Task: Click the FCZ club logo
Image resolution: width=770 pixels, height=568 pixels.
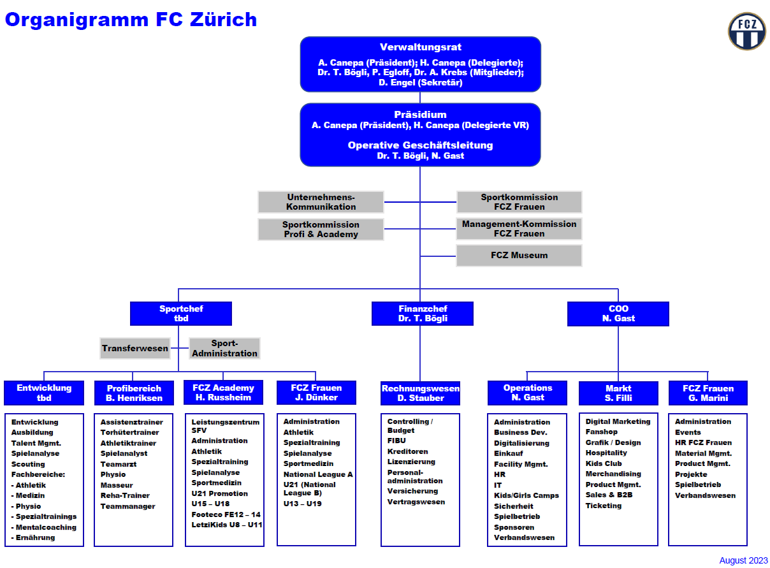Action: pyautogui.click(x=747, y=31)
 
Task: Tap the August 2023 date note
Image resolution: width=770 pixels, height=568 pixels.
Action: pyautogui.click(x=743, y=560)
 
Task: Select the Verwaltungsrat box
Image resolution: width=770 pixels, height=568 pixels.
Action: pyautogui.click(x=420, y=64)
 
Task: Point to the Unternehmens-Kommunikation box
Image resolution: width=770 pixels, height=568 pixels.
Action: pyautogui.click(x=321, y=202)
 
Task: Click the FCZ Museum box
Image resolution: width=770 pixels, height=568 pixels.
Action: pyautogui.click(x=519, y=255)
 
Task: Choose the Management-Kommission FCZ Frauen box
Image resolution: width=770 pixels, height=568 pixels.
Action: pyautogui.click(x=519, y=229)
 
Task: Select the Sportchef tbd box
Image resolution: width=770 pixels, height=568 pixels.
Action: pyautogui.click(x=181, y=314)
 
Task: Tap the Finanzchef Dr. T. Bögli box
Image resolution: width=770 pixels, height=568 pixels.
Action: pyautogui.click(x=423, y=314)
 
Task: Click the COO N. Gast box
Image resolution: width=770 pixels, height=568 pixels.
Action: pyautogui.click(x=618, y=314)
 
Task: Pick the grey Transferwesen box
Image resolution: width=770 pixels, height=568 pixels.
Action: pyautogui.click(x=135, y=349)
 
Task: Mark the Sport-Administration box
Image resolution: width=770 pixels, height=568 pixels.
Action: pyautogui.click(x=224, y=349)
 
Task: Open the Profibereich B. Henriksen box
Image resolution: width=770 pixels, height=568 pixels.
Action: pyautogui.click(x=134, y=393)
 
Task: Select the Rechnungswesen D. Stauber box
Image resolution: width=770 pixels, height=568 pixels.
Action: pyautogui.click(x=420, y=393)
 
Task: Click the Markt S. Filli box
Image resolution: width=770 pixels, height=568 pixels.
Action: pyautogui.click(x=618, y=393)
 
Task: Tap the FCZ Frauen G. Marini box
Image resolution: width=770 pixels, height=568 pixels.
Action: pyautogui.click(x=708, y=393)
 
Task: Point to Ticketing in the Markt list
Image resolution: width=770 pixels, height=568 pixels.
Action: pyautogui.click(x=603, y=506)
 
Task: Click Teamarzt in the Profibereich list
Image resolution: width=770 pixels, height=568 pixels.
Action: pyautogui.click(x=118, y=464)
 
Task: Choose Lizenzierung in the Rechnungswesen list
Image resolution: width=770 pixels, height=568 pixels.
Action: pyautogui.click(x=411, y=462)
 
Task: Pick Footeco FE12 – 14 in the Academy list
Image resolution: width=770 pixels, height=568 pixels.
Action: pyautogui.click(x=226, y=514)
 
